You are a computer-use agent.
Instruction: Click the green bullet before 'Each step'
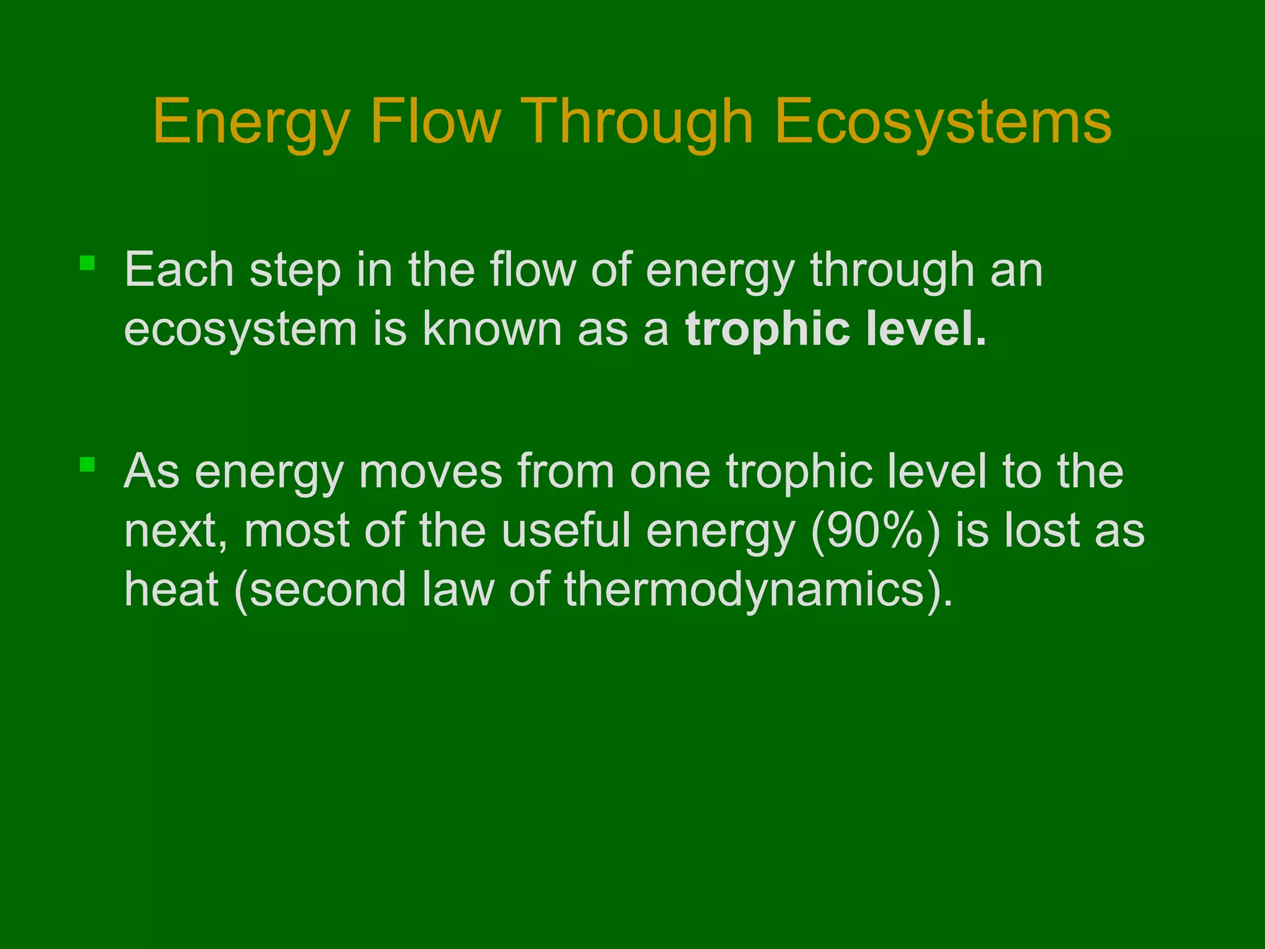[87, 264]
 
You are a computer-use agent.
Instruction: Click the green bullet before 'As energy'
[87, 465]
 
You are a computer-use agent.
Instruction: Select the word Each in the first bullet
[179, 270]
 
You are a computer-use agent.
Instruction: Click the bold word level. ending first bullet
[926, 329]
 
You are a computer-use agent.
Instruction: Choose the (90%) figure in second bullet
[875, 531]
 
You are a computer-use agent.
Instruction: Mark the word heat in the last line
[172, 589]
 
